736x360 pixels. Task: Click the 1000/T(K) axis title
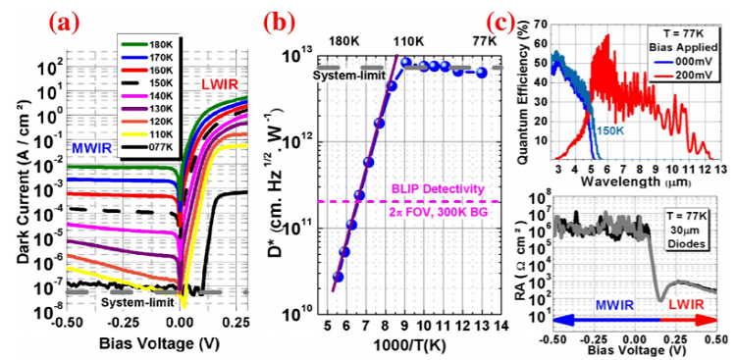[423, 346]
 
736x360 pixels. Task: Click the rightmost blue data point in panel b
[481, 73]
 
